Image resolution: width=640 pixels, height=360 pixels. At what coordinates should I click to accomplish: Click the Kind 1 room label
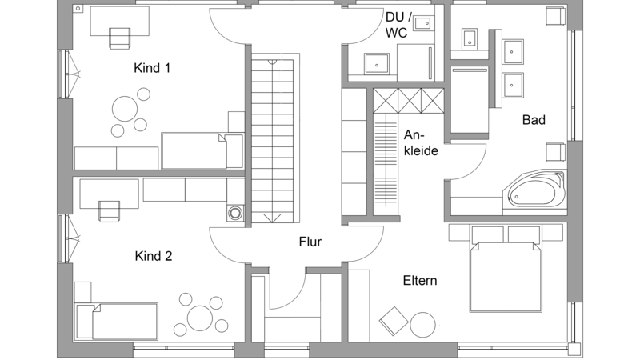(152, 68)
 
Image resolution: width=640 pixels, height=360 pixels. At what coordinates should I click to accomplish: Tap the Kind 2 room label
(154, 256)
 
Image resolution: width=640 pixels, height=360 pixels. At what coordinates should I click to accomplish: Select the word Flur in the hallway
(310, 242)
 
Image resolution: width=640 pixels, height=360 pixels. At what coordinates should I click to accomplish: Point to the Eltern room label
(420, 281)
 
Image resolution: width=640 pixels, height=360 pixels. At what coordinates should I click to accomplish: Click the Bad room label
(534, 119)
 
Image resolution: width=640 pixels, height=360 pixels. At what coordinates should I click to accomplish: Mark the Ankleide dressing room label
(421, 142)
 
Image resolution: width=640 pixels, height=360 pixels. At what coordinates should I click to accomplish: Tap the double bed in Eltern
(506, 276)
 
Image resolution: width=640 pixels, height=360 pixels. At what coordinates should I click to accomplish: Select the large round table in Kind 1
(125, 109)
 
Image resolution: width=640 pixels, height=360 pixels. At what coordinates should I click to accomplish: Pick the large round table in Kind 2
(200, 318)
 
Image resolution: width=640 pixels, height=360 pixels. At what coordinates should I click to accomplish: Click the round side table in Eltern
(422, 325)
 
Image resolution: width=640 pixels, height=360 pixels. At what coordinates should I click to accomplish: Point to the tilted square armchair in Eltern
(394, 321)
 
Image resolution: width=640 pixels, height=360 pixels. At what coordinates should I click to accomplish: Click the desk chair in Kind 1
(120, 38)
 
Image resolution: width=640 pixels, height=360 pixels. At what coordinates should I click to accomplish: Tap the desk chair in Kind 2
(110, 211)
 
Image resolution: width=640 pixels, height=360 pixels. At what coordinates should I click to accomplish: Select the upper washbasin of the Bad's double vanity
(512, 52)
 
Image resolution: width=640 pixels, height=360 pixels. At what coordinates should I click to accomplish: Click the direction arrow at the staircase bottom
(272, 218)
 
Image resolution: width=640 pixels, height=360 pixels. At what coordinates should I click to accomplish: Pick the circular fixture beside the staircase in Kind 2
(235, 213)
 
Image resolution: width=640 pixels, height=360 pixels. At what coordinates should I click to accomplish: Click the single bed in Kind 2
(117, 322)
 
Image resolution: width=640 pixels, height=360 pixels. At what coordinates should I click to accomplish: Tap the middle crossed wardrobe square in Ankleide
(409, 101)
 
